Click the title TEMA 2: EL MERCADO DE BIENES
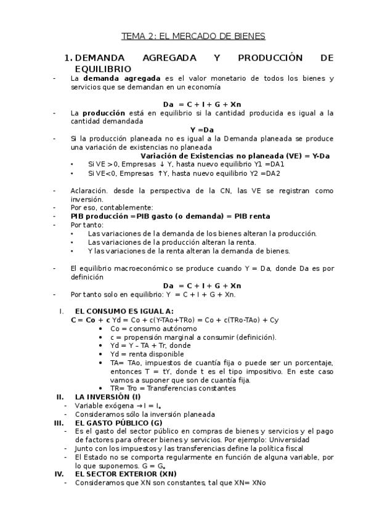pyautogui.click(x=193, y=36)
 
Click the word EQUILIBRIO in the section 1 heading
pyautogui.click(x=102, y=69)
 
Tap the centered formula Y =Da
pyautogui.click(x=202, y=130)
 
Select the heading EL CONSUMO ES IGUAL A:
pyautogui.click(x=124, y=311)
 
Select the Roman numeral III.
pyautogui.click(x=59, y=422)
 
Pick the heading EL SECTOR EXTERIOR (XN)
pyautogui.click(x=126, y=474)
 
